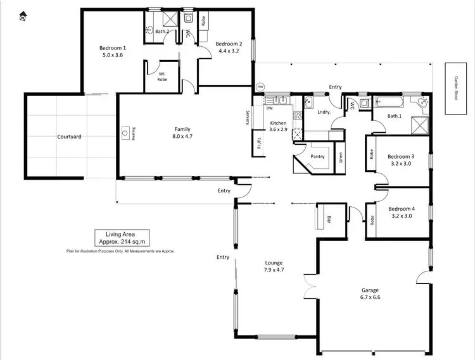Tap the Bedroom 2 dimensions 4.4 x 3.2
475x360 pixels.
click(229, 51)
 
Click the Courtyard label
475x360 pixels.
click(69, 137)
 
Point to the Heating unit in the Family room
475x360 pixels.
click(125, 133)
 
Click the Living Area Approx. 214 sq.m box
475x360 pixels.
click(122, 237)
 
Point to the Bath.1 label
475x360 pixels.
click(395, 116)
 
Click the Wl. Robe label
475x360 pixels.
click(163, 77)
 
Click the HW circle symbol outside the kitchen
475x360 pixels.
click(259, 87)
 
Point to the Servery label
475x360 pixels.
click(248, 118)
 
